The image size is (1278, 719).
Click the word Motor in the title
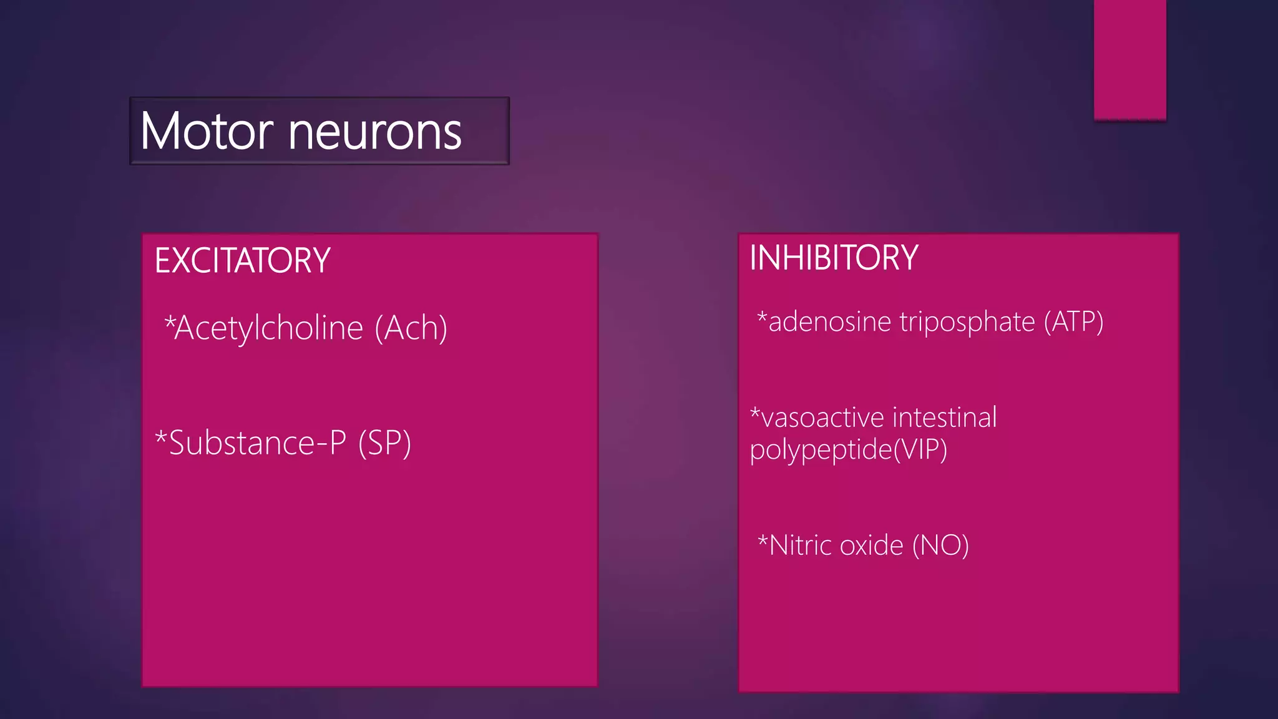[x=207, y=132]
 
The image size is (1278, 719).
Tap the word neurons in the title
[x=375, y=132]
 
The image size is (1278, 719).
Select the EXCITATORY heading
[x=242, y=260]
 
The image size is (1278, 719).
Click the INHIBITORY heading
[x=834, y=257]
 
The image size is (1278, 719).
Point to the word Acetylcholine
[x=269, y=328]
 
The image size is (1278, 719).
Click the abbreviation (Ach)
[x=411, y=328]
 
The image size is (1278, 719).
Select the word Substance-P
[x=258, y=443]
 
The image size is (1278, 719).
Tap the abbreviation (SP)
[x=384, y=443]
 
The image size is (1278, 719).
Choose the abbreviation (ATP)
[x=1074, y=322]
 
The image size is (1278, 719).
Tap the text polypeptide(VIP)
[x=849, y=450]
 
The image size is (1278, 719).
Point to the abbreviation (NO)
[x=940, y=545]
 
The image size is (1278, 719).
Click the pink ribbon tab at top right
[x=1130, y=59]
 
